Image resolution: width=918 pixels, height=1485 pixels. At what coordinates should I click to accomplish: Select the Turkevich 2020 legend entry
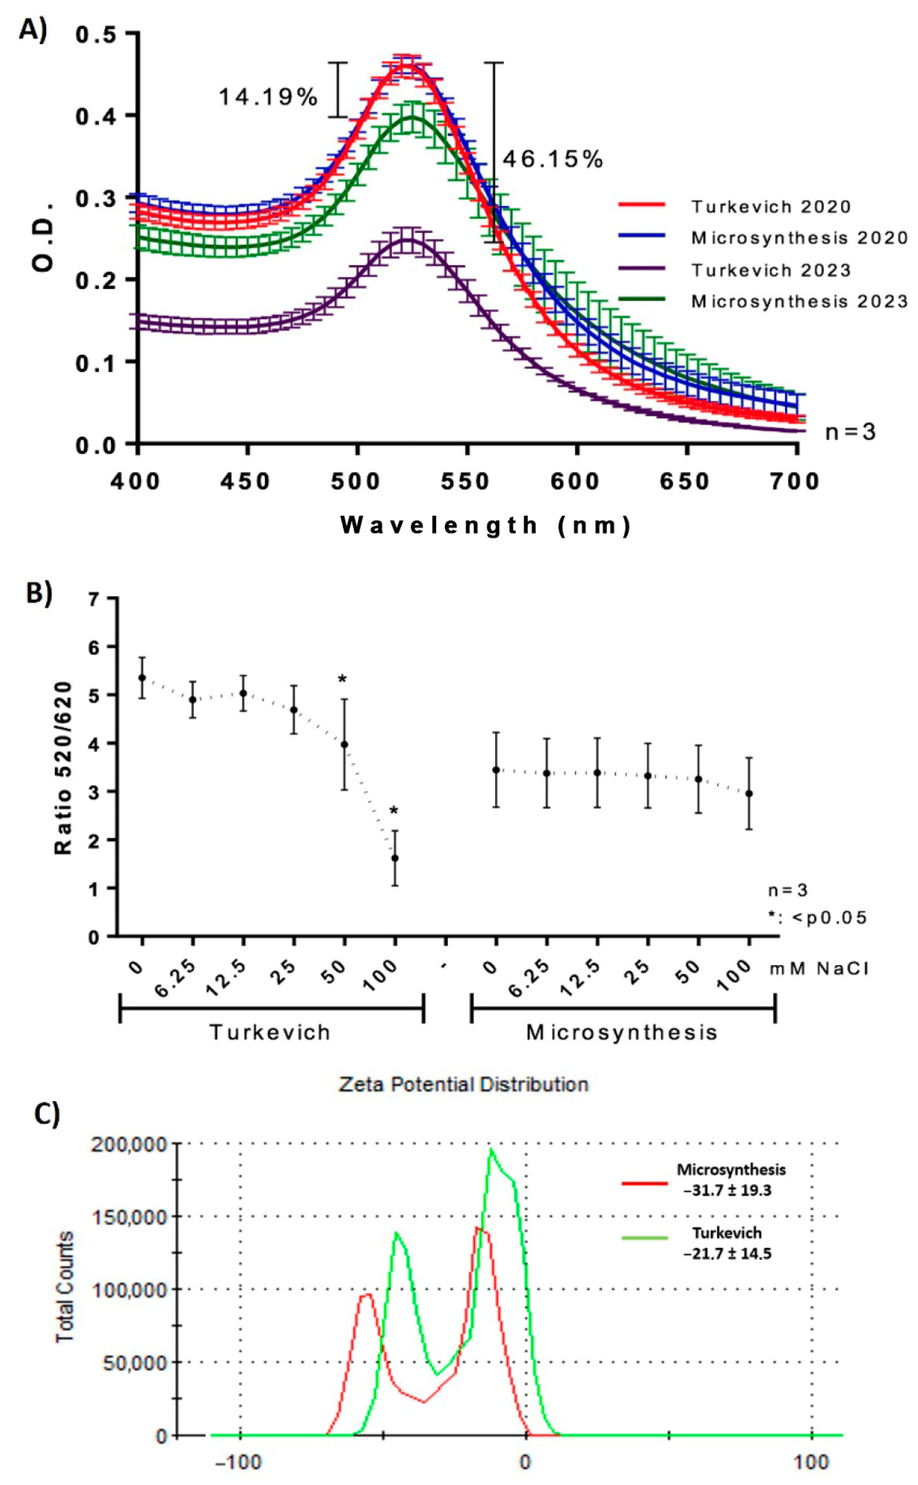(770, 207)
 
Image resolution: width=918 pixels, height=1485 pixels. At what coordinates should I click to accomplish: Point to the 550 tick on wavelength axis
(466, 482)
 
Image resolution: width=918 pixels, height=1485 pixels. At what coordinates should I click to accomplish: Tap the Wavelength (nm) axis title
(486, 525)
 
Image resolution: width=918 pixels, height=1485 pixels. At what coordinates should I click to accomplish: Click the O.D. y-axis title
(44, 237)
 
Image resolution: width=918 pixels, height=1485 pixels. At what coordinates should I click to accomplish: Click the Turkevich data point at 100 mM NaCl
(395, 858)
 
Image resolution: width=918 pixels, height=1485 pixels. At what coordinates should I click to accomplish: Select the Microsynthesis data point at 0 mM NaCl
(496, 770)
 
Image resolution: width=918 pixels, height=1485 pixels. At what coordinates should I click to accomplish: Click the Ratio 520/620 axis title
(63, 768)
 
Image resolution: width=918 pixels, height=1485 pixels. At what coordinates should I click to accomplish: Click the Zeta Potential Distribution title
(463, 1084)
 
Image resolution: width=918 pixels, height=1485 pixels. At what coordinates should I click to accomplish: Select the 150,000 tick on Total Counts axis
(129, 1217)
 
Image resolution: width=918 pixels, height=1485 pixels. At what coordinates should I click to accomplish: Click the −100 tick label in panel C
(239, 1461)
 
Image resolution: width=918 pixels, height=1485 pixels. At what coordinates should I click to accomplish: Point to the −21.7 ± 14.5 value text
(727, 1253)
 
